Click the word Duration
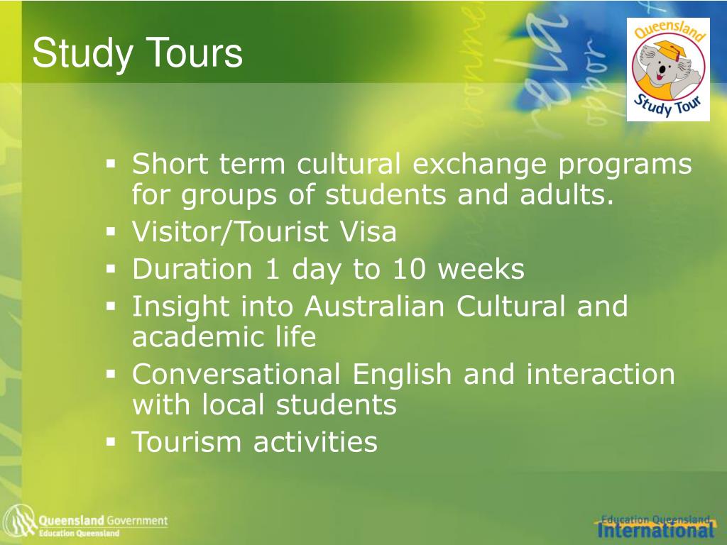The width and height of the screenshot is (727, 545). tap(192, 270)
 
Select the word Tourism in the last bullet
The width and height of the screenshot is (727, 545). tap(187, 441)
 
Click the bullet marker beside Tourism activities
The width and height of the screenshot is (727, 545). tap(111, 441)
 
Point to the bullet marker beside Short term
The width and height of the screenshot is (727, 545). tap(111, 164)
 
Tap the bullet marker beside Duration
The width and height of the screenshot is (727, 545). tap(111, 269)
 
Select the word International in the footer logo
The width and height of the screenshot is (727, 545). tap(655, 530)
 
